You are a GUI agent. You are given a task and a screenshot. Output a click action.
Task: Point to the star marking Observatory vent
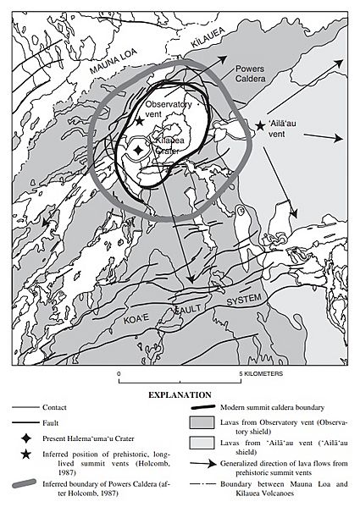coord(140,122)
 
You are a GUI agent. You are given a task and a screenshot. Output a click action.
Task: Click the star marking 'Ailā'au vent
coord(260,126)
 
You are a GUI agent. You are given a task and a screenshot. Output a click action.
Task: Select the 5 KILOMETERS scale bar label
coord(260,372)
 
